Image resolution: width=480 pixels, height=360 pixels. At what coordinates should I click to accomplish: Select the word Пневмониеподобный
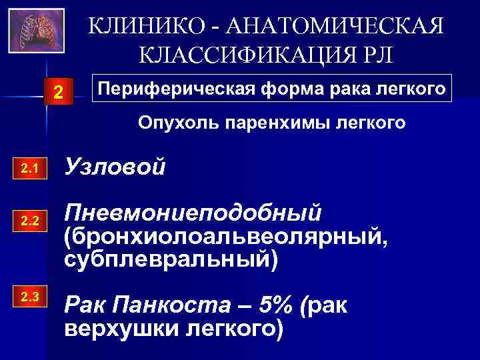193,214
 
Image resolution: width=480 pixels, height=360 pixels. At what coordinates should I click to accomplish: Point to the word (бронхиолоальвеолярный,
223,237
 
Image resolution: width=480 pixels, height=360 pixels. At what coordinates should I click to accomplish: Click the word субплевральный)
169,259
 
